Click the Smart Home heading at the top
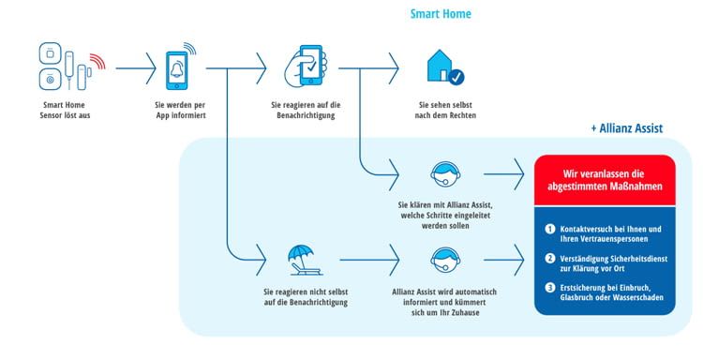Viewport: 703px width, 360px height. (441, 14)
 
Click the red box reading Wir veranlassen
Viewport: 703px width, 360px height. (604, 178)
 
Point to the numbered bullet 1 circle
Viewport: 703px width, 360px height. (550, 229)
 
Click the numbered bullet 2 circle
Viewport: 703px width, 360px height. (550, 257)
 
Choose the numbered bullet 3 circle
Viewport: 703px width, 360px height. (550, 286)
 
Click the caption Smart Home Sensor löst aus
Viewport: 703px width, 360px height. (66, 110)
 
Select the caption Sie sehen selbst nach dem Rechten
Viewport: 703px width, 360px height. (444, 110)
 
